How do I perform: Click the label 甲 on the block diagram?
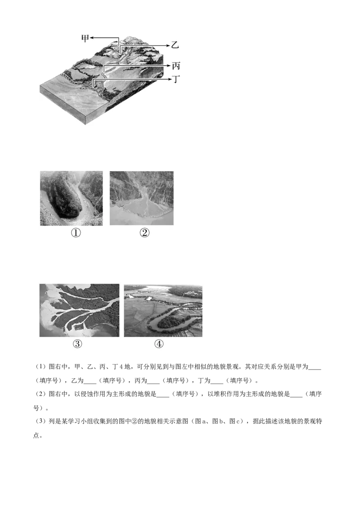pyautogui.click(x=85, y=38)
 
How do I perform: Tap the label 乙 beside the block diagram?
pyautogui.click(x=175, y=45)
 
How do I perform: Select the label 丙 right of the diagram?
pyautogui.click(x=176, y=66)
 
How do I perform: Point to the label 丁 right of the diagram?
pyautogui.click(x=176, y=79)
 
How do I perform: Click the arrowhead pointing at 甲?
pyautogui.click(x=92, y=38)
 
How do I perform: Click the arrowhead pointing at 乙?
pyautogui.click(x=168, y=45)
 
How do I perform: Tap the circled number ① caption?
pyautogui.click(x=76, y=233)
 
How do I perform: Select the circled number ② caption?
pyautogui.click(x=144, y=232)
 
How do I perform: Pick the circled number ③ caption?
pyautogui.click(x=77, y=344)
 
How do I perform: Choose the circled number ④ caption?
pyautogui.click(x=159, y=344)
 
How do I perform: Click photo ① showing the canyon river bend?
pyautogui.click(x=71, y=198)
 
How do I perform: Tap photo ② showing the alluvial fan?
pyautogui.click(x=142, y=198)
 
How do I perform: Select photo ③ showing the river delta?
pyautogui.click(x=79, y=310)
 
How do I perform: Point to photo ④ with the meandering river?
pyautogui.click(x=163, y=311)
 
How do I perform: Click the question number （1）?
pyautogui.click(x=41, y=367)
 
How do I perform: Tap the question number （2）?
pyautogui.click(x=41, y=394)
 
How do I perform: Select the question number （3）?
pyautogui.click(x=41, y=421)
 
